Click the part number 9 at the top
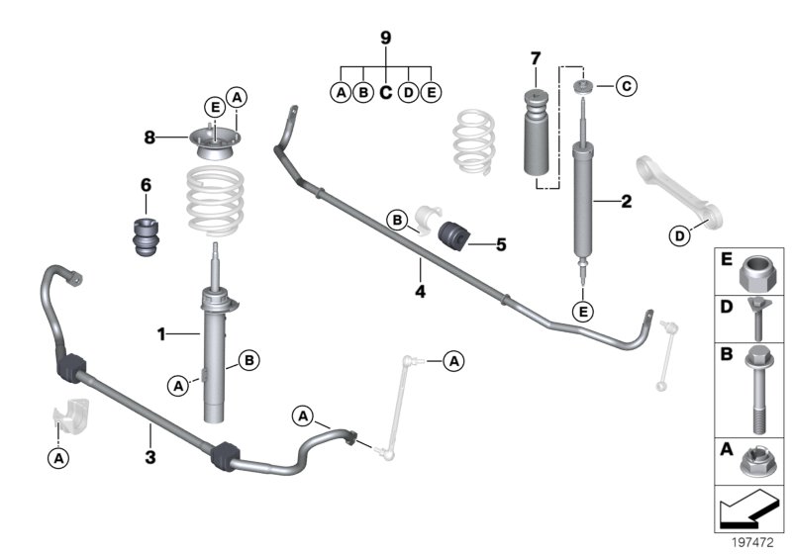(x=386, y=39)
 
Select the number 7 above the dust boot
(x=535, y=56)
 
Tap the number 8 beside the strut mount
(x=148, y=138)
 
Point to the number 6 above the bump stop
(x=146, y=185)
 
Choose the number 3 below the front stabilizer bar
(x=150, y=457)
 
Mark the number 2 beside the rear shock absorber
(x=625, y=203)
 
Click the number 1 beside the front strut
(x=160, y=334)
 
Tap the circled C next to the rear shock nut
(x=626, y=87)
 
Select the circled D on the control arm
(x=680, y=235)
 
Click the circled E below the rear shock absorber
(x=584, y=313)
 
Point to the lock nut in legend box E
(x=760, y=268)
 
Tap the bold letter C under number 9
(x=386, y=93)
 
